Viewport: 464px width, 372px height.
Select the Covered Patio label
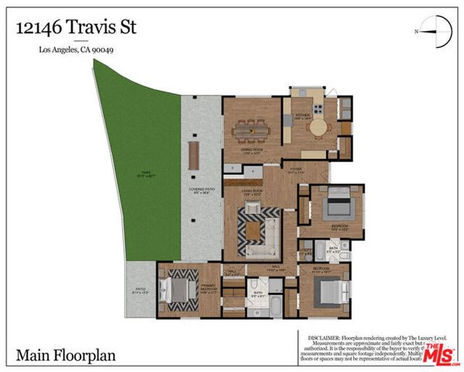pos(201,191)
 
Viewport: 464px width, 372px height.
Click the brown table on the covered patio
pos(194,157)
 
